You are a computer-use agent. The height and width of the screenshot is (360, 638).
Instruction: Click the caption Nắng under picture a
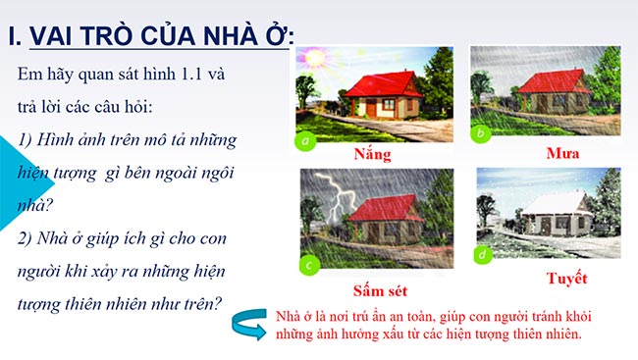click(x=374, y=155)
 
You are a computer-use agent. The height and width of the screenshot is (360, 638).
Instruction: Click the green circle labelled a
click(x=307, y=140)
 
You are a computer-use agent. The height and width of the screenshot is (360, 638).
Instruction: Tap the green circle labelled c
click(x=309, y=263)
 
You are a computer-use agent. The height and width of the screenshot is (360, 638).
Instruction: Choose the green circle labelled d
click(x=481, y=254)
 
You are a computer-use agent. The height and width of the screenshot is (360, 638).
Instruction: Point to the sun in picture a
click(x=312, y=58)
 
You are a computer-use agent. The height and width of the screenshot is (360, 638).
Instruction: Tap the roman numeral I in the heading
click(x=12, y=37)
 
